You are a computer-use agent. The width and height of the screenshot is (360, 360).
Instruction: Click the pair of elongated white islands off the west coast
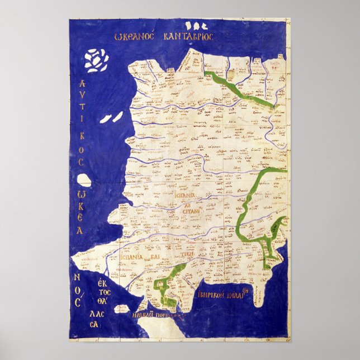tap(112, 117)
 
